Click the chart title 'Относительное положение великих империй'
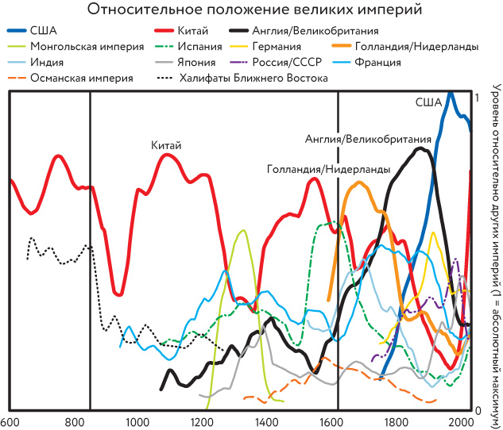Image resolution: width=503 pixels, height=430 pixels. pyautogui.click(x=251, y=10)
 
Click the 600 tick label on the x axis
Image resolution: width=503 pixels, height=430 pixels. pyautogui.click(x=10, y=422)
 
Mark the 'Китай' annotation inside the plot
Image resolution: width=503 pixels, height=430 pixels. pyautogui.click(x=167, y=145)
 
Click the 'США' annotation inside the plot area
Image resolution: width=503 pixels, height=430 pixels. pyautogui.click(x=428, y=102)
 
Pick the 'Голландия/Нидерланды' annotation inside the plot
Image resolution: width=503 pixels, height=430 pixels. pyautogui.click(x=329, y=169)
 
